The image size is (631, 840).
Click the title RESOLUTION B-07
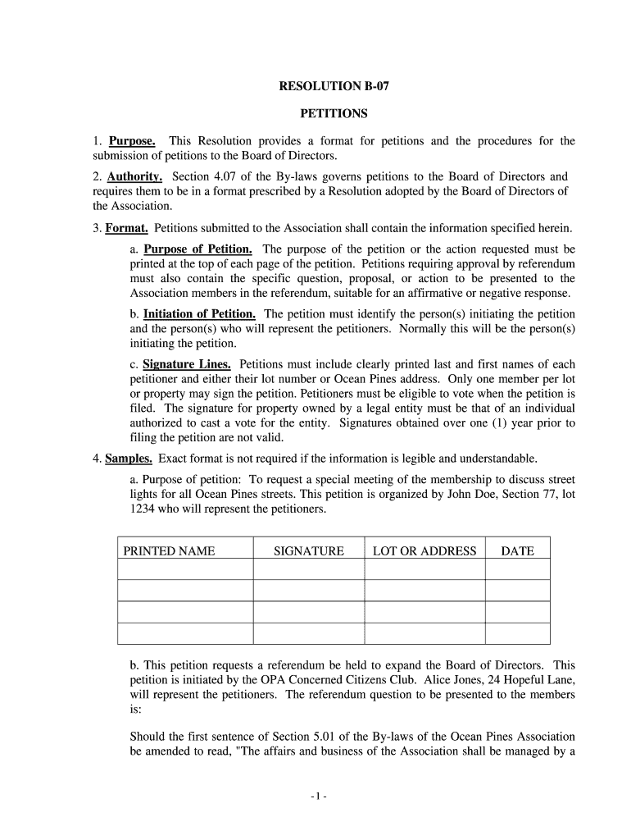pyautogui.click(x=332, y=86)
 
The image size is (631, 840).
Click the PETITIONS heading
pyautogui.click(x=332, y=114)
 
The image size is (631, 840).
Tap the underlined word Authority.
pyautogui.click(x=134, y=177)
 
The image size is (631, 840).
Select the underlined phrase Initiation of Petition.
pyautogui.click(x=200, y=314)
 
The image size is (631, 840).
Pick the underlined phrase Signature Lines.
pyautogui.click(x=187, y=364)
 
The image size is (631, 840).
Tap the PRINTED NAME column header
pyautogui.click(x=169, y=551)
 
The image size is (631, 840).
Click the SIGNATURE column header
pyautogui.click(x=308, y=551)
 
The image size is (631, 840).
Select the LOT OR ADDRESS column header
pyautogui.click(x=424, y=551)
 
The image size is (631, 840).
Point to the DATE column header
pyautogui.click(x=517, y=551)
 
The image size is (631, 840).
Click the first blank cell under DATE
pyautogui.click(x=517, y=569)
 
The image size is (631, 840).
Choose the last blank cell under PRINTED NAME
pyautogui.click(x=185, y=633)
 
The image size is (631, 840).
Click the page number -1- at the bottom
pyautogui.click(x=319, y=797)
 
